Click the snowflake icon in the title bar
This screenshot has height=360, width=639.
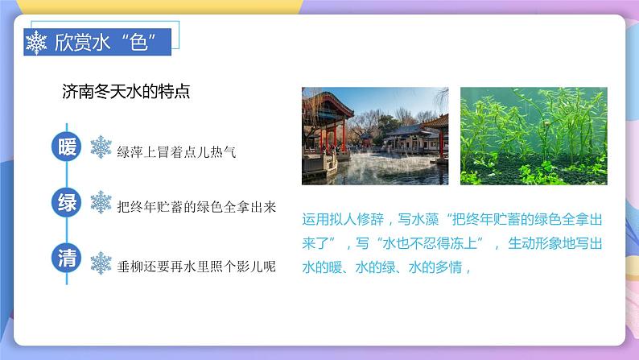pyautogui.click(x=37, y=43)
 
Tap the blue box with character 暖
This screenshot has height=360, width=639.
pyautogui.click(x=67, y=147)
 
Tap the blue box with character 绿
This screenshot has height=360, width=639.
pyautogui.click(x=67, y=203)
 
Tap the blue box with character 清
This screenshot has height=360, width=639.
pyautogui.click(x=67, y=259)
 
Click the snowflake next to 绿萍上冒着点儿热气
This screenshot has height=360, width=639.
pyautogui.click(x=101, y=148)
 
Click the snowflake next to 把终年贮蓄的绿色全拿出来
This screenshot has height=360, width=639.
pyautogui.click(x=101, y=203)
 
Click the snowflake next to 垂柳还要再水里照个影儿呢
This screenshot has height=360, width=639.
pyautogui.click(x=101, y=262)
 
